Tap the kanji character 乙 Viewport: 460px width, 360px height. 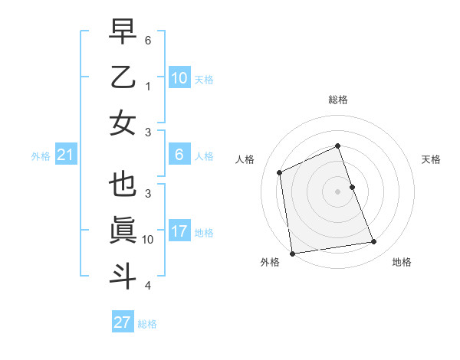pyautogui.click(x=123, y=78)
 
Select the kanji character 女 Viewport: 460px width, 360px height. pyautogui.click(x=123, y=123)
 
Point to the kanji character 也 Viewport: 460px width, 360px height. pyautogui.click(x=123, y=186)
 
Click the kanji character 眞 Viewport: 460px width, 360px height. pyautogui.click(x=123, y=231)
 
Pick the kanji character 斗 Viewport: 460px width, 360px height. pyautogui.click(x=123, y=275)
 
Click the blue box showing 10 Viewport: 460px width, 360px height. pyautogui.click(x=179, y=77)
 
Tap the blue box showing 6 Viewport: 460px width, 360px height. pyautogui.click(x=179, y=155)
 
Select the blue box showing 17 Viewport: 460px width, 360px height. pyautogui.click(x=179, y=231)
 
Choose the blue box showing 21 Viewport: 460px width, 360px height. pyautogui.click(x=66, y=155)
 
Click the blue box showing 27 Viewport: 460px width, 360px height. pyautogui.click(x=123, y=322)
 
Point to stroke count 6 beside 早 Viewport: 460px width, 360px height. pyautogui.click(x=148, y=39)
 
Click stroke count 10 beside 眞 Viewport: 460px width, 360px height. pyautogui.click(x=148, y=239)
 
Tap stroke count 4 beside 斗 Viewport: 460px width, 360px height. pyautogui.click(x=148, y=286)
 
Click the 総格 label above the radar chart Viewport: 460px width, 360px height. pyautogui.click(x=338, y=100)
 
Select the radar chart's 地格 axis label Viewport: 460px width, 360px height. pyautogui.click(x=402, y=262)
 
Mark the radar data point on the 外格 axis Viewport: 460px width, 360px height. pyautogui.click(x=292, y=253)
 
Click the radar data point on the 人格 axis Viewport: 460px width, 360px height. pyautogui.click(x=280, y=172)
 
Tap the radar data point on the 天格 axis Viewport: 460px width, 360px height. pyautogui.click(x=353, y=187)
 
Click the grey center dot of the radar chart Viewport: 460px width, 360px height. pyautogui.click(x=338, y=191)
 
